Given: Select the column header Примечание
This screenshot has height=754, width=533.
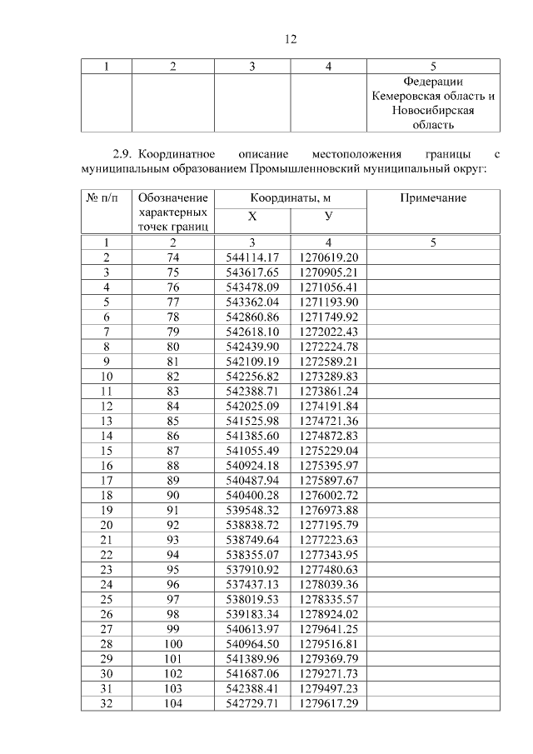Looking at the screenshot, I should pyautogui.click(x=433, y=198).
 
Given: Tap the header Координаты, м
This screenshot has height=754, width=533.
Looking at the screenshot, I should pyautogui.click(x=291, y=198).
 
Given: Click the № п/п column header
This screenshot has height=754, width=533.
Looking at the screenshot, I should pyautogui.click(x=106, y=198).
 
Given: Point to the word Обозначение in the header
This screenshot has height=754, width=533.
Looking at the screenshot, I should pyautogui.click(x=173, y=198).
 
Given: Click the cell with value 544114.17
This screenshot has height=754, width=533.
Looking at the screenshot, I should pyautogui.click(x=252, y=257).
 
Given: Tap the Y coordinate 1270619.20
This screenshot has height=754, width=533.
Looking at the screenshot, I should pyautogui.click(x=328, y=257).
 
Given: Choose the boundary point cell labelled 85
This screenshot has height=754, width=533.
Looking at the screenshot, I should pyautogui.click(x=173, y=422).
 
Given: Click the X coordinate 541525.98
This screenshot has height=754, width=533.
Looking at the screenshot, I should pyautogui.click(x=252, y=422).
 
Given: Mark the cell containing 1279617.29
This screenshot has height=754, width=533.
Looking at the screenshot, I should pyautogui.click(x=328, y=705).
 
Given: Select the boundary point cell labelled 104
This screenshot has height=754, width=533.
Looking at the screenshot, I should pyautogui.click(x=173, y=705).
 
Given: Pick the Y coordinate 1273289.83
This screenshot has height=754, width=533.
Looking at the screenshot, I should pyautogui.click(x=328, y=377).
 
